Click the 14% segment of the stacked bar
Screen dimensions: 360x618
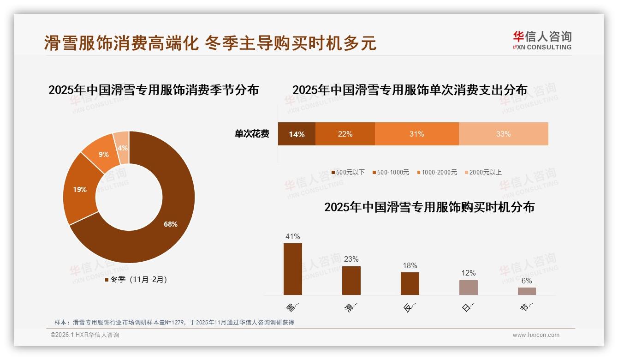(297, 134)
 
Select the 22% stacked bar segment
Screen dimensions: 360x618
(345, 134)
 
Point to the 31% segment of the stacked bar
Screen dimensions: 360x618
(416, 134)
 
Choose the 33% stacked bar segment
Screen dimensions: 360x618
(503, 134)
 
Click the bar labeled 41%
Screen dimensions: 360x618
(293, 269)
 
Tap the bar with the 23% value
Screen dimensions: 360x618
(351, 281)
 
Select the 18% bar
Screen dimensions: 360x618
(410, 283)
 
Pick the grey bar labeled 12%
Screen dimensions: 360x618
(469, 288)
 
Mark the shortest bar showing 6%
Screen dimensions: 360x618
(527, 291)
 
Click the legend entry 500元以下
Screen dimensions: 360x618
(348, 173)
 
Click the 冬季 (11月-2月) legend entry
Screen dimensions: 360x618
(136, 280)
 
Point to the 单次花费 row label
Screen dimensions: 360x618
(252, 134)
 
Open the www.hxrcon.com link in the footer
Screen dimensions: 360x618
(536, 335)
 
